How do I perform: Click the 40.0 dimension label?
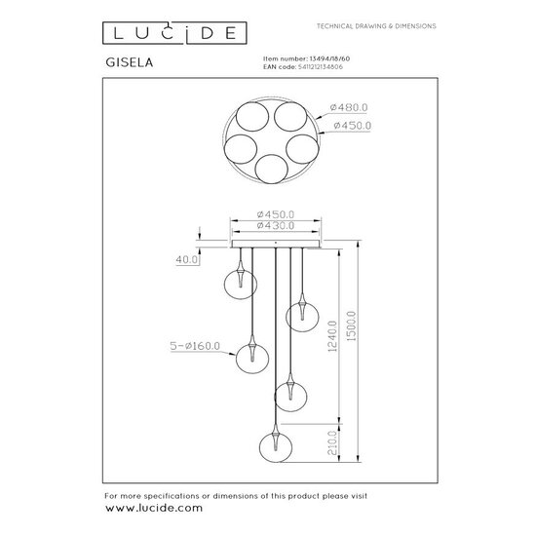[187, 259]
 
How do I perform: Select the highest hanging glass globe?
[237, 283]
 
